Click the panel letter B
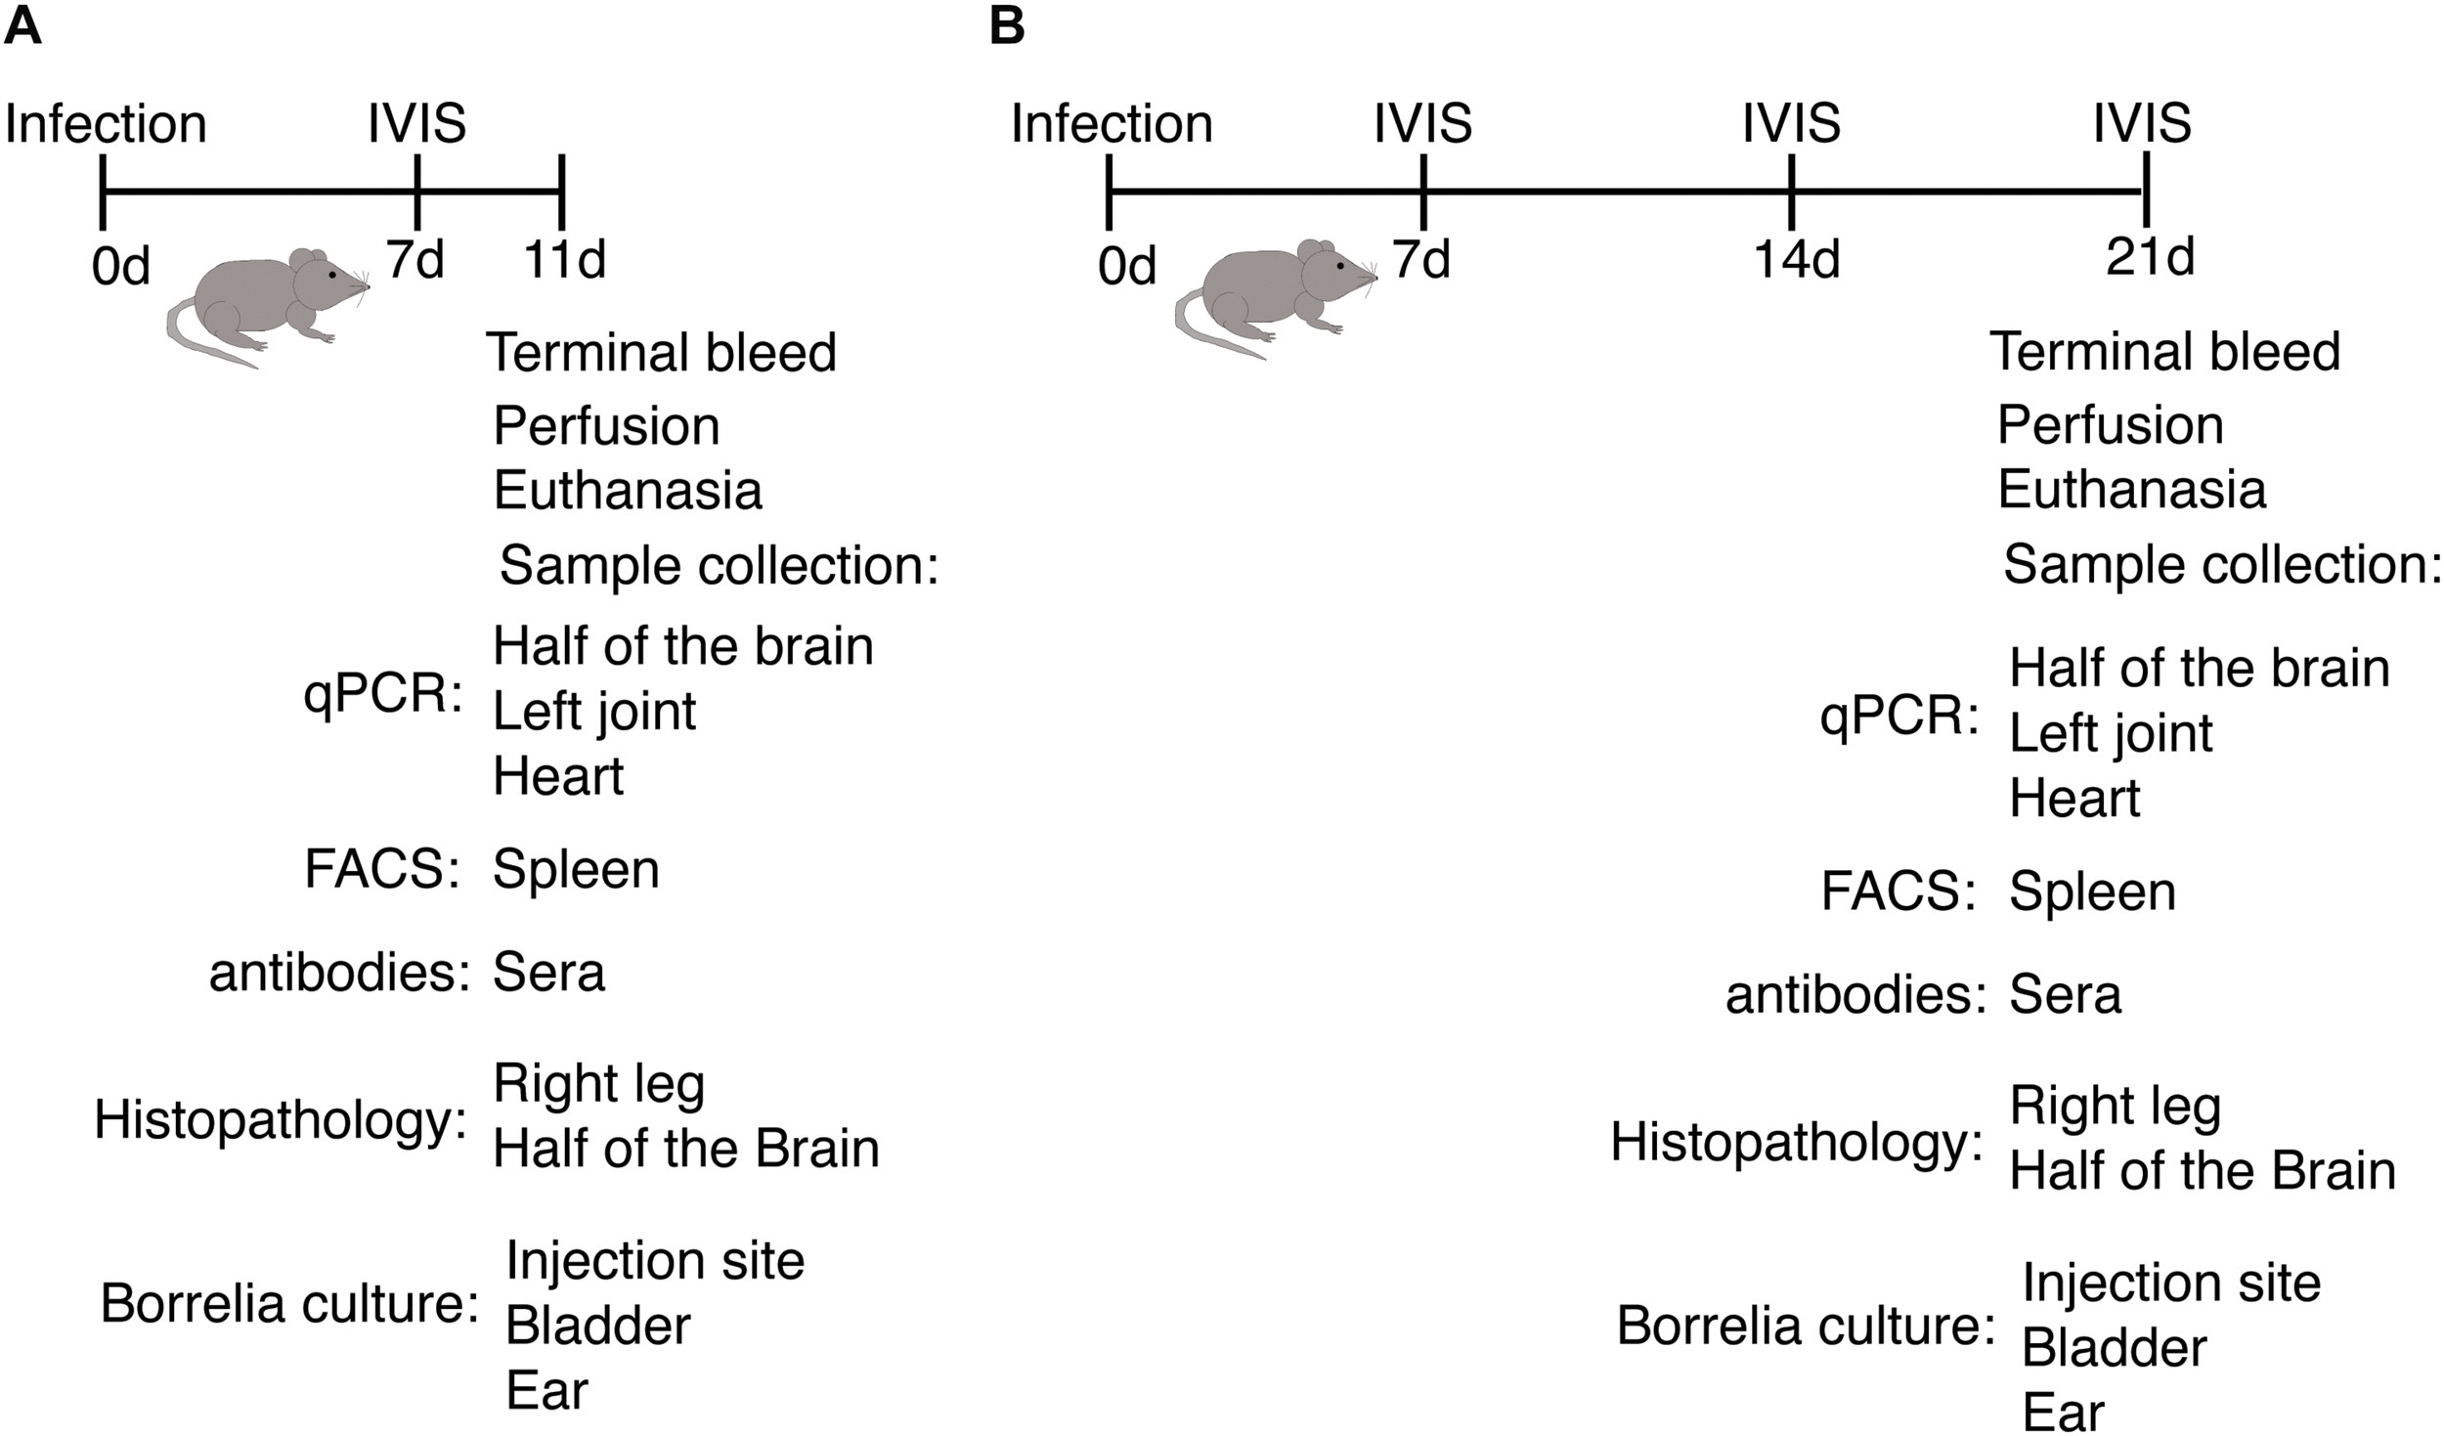1007,25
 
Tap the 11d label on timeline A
565,260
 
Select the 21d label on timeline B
2150,257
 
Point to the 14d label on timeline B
1796,260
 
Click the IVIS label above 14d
1791,124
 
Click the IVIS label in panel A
416,124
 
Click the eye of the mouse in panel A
332,275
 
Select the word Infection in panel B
1112,124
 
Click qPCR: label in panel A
382,696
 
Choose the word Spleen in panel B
2092,892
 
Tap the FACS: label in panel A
382,869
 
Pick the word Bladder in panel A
597,1326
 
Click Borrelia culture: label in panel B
1805,1327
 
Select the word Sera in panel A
548,973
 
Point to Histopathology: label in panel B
1796,1142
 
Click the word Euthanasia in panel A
627,490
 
